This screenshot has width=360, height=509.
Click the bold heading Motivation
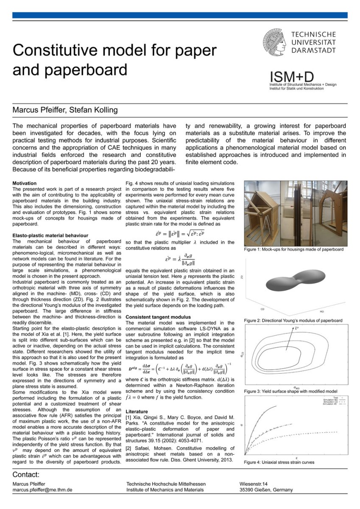point(25,183)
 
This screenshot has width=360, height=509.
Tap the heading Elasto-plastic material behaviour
point(50,235)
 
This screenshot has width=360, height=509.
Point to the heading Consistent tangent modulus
point(158,317)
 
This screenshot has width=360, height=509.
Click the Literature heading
point(137,411)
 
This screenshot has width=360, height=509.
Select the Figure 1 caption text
point(293,249)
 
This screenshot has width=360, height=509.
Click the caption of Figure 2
point(293,320)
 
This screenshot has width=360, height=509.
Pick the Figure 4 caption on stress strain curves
point(279,462)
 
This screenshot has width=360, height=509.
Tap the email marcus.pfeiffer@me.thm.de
point(42,489)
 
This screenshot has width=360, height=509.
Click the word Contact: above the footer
point(26,474)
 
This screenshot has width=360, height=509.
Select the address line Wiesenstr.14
point(254,484)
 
